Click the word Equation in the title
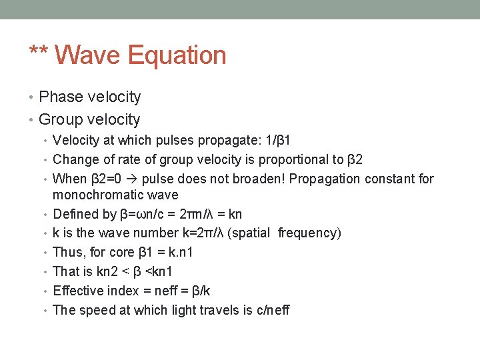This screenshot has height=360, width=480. [x=177, y=55]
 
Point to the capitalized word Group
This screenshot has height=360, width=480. [x=61, y=120]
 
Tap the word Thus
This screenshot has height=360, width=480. [x=67, y=252]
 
